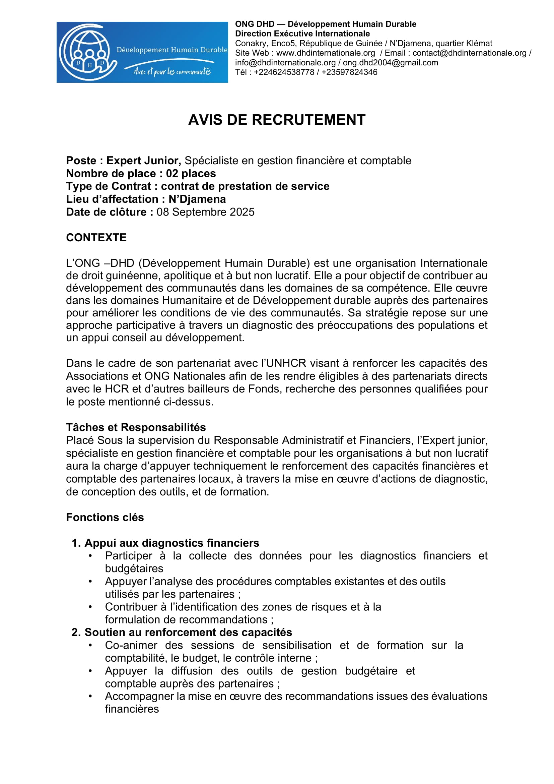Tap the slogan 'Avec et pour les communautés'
pos(172,71)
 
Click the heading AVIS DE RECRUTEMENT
pos(277,120)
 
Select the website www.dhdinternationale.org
pos(326,53)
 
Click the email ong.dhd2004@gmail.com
pos(390,62)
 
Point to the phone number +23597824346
pos(349,72)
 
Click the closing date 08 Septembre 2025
pos(205,212)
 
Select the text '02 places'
pos(191,174)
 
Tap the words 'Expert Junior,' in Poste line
pos(144,161)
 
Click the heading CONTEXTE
pos(96,238)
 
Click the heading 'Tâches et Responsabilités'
pos(136,427)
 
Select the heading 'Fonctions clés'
pos(105,517)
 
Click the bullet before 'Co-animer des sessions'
pos(90,645)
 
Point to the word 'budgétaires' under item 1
pos(134,568)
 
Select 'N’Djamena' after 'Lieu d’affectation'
pos(197,199)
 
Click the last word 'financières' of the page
pos(132,709)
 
